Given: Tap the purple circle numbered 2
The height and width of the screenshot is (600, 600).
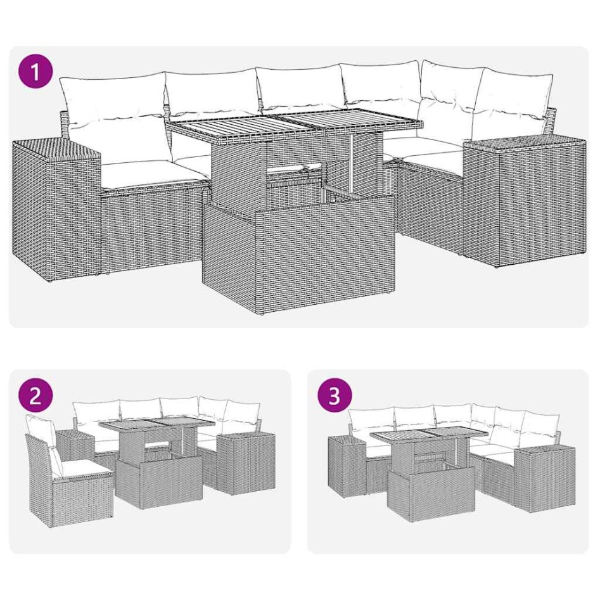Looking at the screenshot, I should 36,397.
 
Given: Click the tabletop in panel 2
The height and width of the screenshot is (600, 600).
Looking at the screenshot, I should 155,427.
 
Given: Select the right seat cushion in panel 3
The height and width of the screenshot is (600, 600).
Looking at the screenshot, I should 501,451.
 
